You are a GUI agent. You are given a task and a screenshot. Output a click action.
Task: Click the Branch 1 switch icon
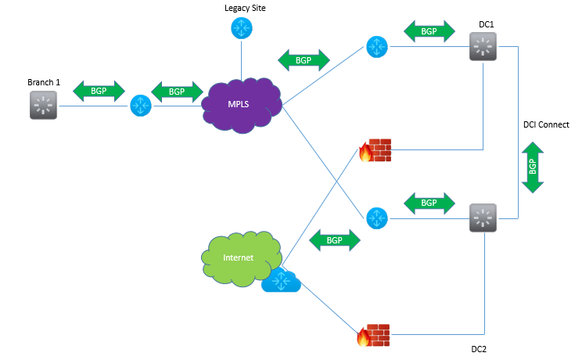(43, 106)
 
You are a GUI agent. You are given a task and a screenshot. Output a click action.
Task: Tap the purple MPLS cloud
(241, 105)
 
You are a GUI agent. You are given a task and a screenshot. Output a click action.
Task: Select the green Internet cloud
(241, 258)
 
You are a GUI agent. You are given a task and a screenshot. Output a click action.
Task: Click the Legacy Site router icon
(241, 28)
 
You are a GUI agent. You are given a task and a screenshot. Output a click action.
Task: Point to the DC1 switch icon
(483, 47)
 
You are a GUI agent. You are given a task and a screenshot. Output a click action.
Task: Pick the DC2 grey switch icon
(483, 218)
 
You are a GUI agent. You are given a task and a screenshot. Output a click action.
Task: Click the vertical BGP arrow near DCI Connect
(533, 167)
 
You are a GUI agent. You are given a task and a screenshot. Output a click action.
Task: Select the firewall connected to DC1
(375, 150)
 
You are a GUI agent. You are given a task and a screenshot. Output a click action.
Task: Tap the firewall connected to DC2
(374, 335)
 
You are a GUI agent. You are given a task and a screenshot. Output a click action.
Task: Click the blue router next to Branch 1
(141, 106)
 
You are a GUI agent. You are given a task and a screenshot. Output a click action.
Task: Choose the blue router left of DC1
(377, 47)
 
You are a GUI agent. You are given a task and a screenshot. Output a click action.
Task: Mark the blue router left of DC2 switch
(377, 218)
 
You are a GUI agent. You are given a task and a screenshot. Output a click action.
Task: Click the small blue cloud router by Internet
(282, 281)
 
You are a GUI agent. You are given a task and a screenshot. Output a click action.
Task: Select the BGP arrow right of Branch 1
(99, 91)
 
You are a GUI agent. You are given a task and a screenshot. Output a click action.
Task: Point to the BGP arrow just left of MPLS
(177, 92)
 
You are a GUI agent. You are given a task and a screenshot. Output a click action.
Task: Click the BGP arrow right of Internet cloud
(335, 240)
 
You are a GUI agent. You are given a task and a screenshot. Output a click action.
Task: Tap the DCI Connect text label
(546, 124)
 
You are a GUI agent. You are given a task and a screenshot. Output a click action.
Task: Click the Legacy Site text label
(245, 8)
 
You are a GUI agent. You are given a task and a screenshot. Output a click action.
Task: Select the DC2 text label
(479, 349)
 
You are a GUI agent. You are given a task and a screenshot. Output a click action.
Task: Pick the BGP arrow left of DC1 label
(429, 31)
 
